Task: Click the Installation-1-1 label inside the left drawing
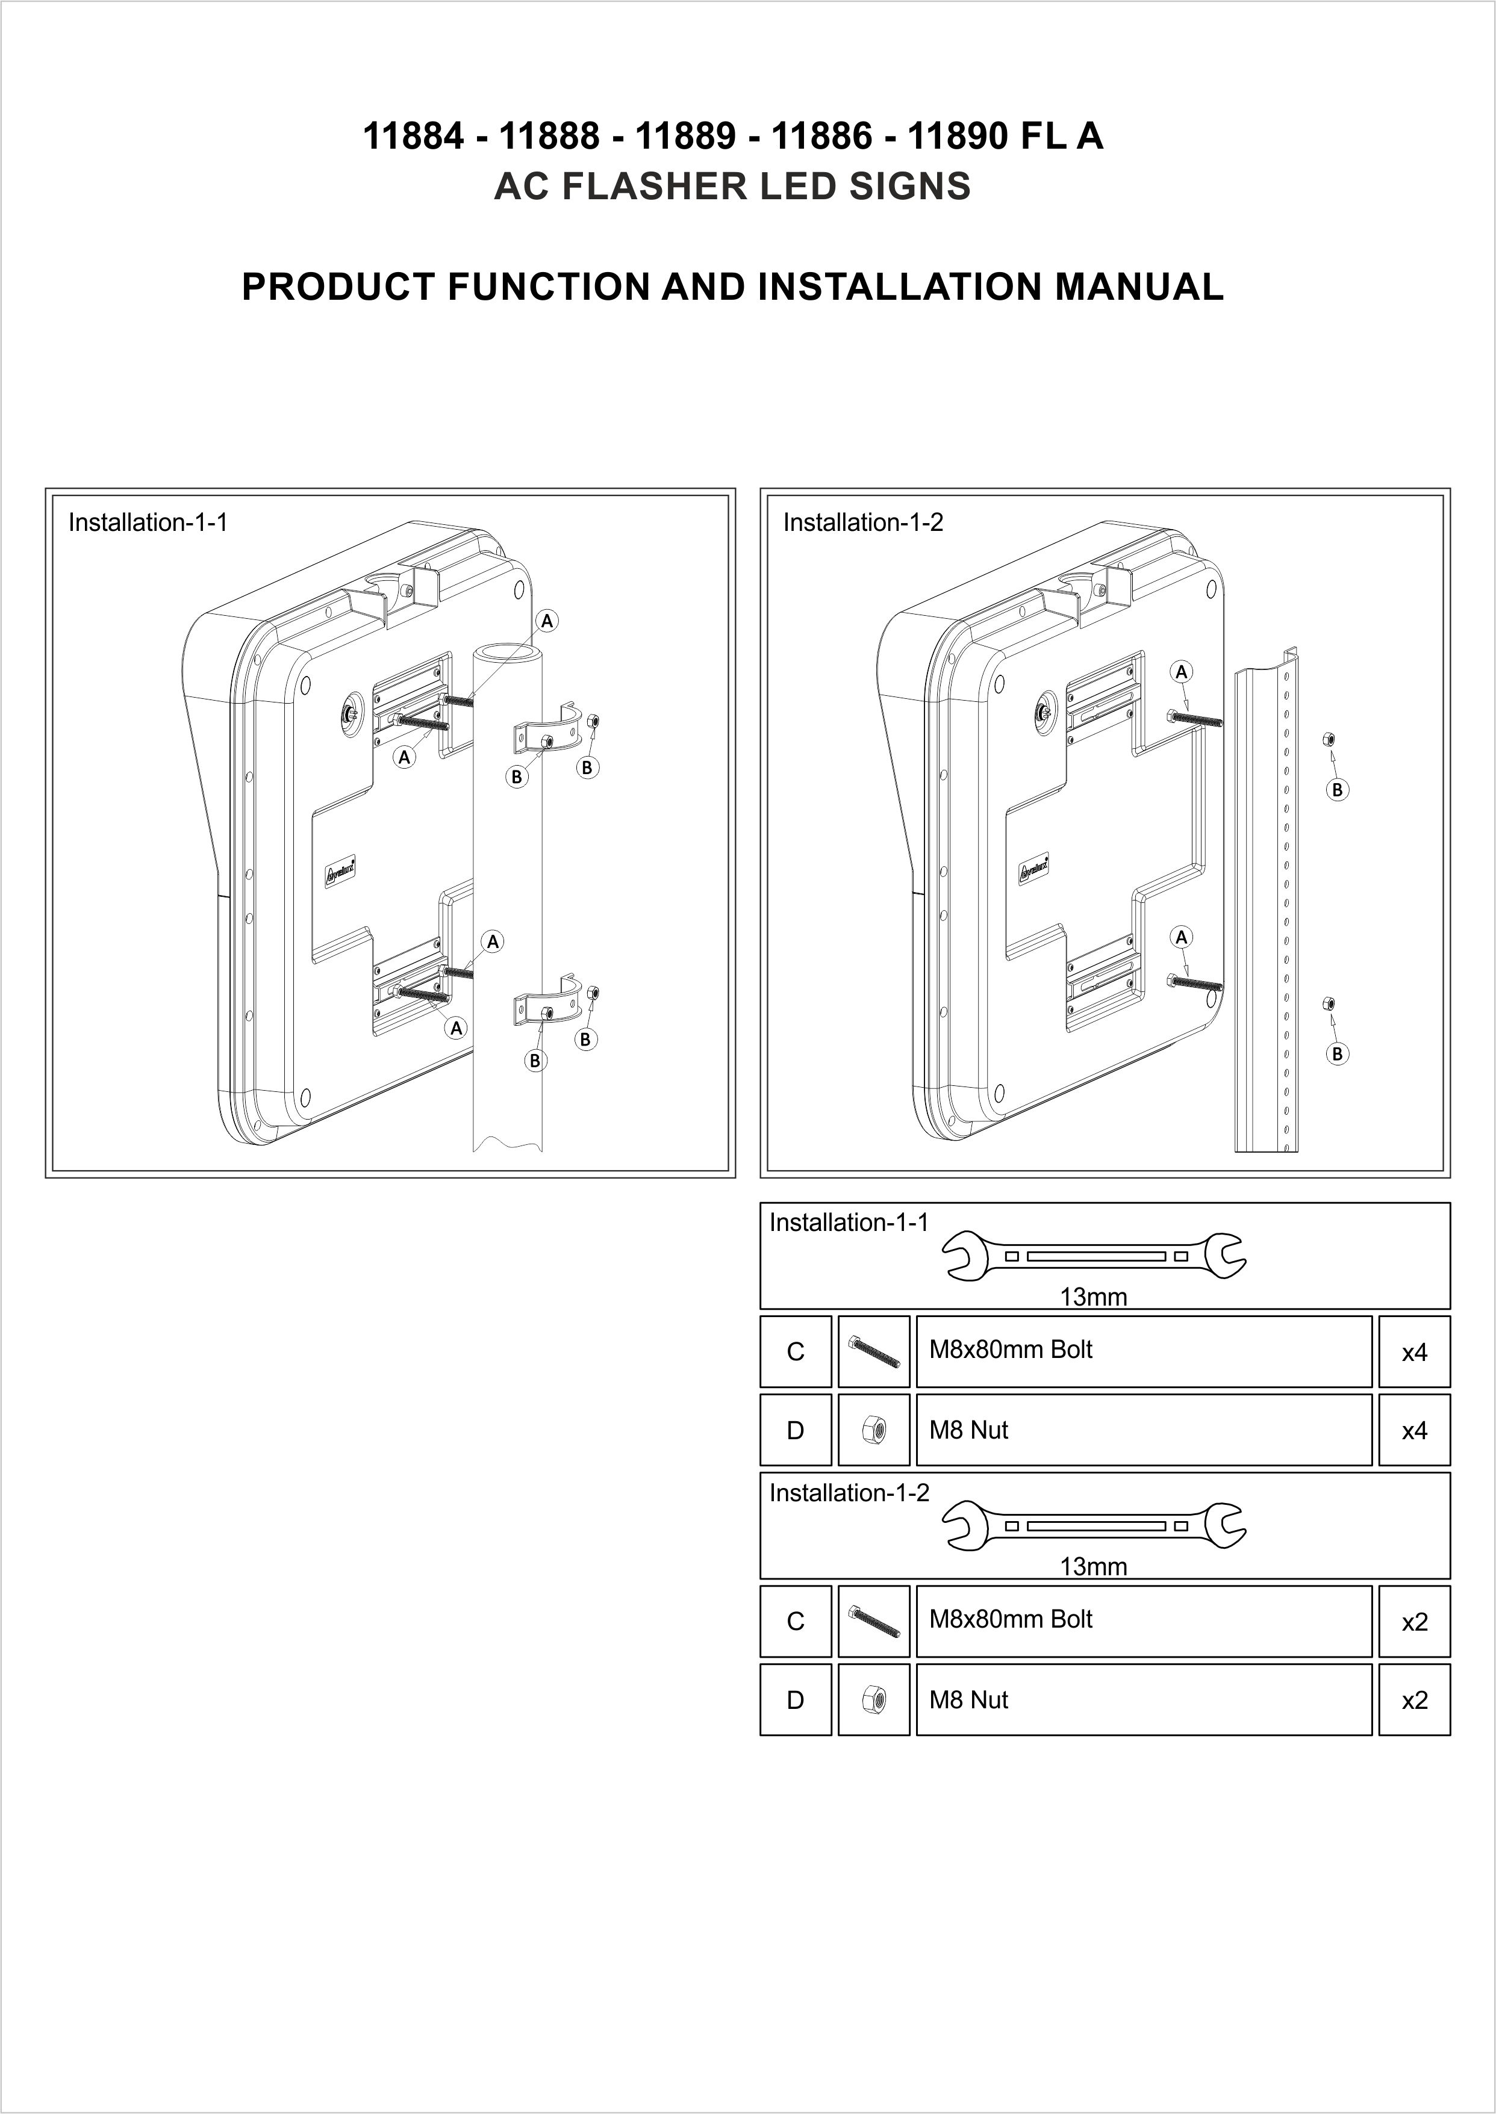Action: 148,523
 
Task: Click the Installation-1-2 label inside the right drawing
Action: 863,523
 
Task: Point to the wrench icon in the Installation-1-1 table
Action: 1094,1256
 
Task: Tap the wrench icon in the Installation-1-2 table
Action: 1094,1526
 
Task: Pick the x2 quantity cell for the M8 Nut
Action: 1414,1700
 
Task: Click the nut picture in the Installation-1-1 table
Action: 873,1430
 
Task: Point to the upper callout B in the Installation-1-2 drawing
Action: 1336,789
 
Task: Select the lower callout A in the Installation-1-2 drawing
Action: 1181,937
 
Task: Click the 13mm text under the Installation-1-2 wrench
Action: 1094,1566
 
